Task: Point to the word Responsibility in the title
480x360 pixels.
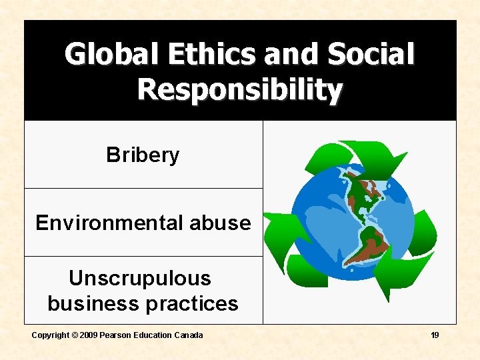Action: tap(240, 89)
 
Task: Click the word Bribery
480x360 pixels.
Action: tap(143, 155)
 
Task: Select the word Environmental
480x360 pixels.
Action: tap(109, 223)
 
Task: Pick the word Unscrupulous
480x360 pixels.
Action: tap(140, 278)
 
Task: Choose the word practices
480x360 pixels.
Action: tap(191, 304)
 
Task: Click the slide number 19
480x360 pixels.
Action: tap(435, 335)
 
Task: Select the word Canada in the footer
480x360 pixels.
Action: tap(189, 335)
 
